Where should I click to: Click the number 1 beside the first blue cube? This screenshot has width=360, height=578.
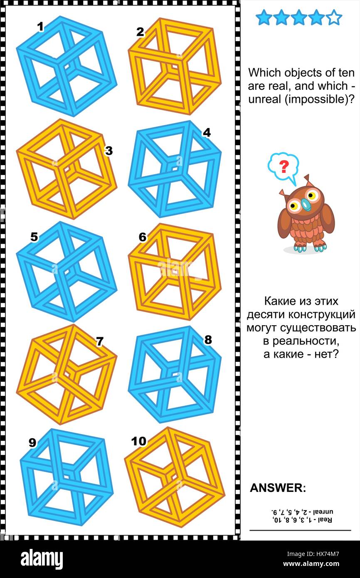[x=40, y=27]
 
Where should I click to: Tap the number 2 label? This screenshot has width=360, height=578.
[x=140, y=32]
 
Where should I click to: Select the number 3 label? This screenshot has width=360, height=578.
[x=108, y=151]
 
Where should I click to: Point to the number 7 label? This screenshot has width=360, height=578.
[x=99, y=342]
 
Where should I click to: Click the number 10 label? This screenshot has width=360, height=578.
[x=138, y=441]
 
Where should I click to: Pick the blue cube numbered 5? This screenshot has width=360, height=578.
[x=67, y=271]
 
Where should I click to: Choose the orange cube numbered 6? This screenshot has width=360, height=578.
[x=175, y=271]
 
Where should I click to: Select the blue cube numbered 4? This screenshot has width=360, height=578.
[x=175, y=169]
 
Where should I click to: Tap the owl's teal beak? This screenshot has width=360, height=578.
[x=306, y=204]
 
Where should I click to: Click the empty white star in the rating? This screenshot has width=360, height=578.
[x=334, y=18]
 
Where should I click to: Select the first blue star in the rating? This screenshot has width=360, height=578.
[x=264, y=18]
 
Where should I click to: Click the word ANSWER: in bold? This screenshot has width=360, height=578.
[x=278, y=488]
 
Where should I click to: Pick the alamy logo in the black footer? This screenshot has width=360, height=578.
[x=42, y=559]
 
